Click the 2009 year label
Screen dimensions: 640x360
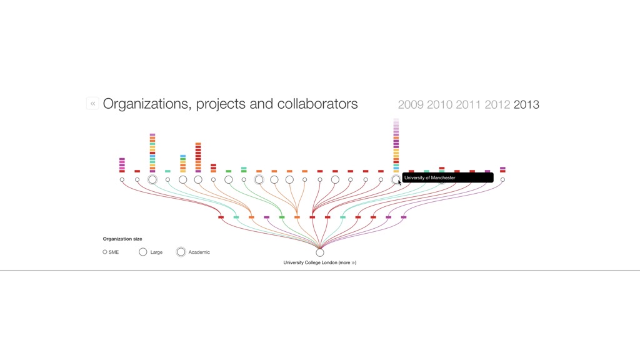(411, 105)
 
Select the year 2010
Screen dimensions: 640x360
(439, 105)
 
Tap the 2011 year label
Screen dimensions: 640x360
(468, 105)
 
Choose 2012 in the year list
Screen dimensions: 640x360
(497, 105)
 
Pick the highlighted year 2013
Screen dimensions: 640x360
(526, 105)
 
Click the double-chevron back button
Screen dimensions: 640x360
(92, 104)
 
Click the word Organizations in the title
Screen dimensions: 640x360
(147, 104)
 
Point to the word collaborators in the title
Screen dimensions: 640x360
(317, 104)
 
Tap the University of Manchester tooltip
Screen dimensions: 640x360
(447, 177)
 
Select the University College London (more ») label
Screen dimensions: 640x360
(319, 262)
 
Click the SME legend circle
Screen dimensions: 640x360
(105, 252)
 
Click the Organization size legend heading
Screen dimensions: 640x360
(122, 239)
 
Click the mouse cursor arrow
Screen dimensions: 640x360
(399, 182)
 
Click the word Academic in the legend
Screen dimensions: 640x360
(199, 252)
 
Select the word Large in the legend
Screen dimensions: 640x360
(156, 252)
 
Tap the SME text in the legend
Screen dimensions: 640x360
(114, 252)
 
